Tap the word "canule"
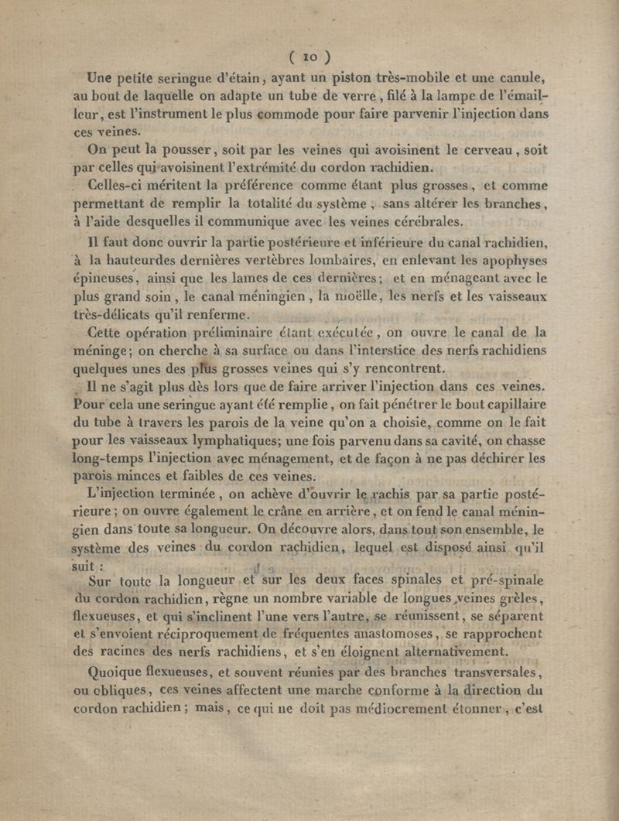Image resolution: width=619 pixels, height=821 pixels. click(520, 77)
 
